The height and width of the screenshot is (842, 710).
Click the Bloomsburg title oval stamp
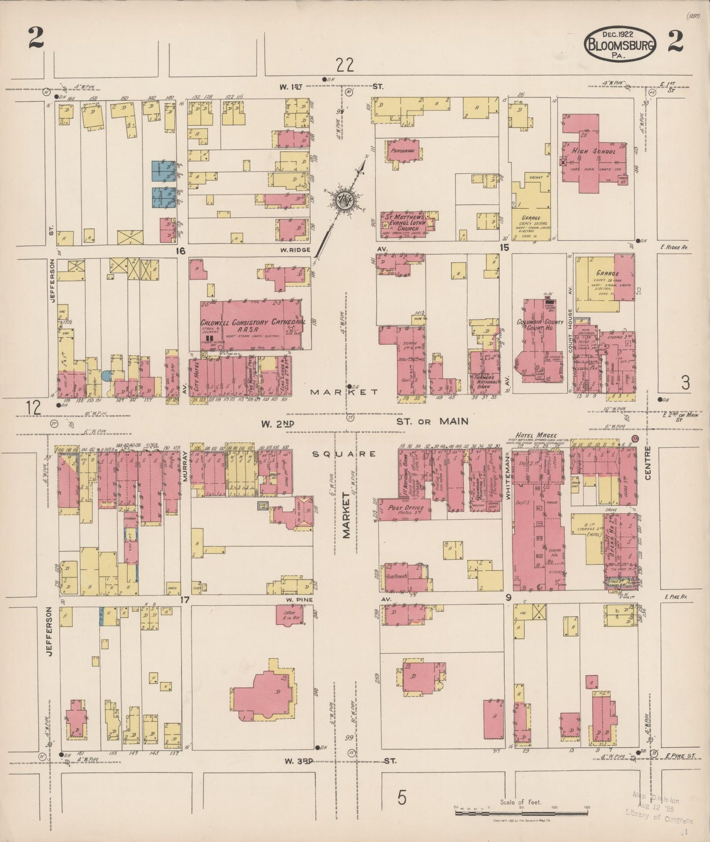[x=620, y=45]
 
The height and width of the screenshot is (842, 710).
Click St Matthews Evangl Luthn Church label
[x=402, y=221]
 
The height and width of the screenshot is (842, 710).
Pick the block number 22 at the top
[x=345, y=64]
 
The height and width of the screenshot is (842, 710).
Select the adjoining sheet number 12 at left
[x=33, y=407]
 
